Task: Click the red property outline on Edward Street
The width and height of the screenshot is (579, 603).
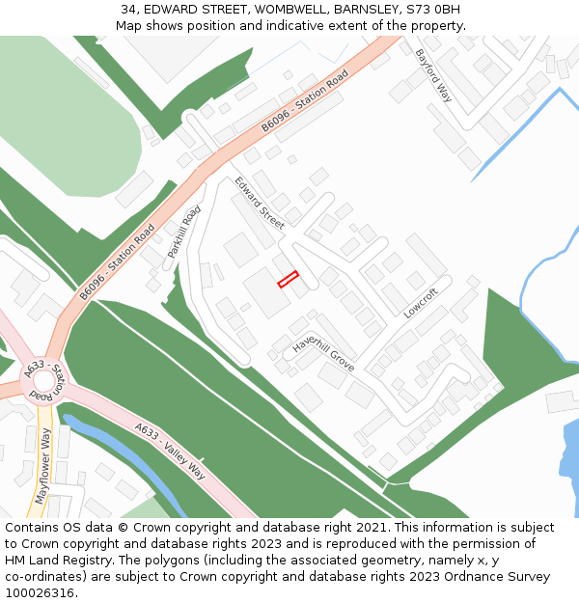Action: pyautogui.click(x=288, y=280)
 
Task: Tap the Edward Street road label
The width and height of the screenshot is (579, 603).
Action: pyautogui.click(x=260, y=204)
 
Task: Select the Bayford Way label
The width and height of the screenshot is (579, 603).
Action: pyautogui.click(x=433, y=75)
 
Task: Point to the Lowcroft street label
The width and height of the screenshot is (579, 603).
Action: pyautogui.click(x=421, y=304)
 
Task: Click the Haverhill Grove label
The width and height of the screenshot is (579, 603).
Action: pyautogui.click(x=324, y=354)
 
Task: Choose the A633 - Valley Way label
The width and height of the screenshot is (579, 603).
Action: pyautogui.click(x=171, y=451)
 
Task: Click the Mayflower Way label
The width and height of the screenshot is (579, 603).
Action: pyautogui.click(x=42, y=465)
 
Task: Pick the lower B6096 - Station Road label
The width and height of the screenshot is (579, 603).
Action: pyautogui.click(x=118, y=261)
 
